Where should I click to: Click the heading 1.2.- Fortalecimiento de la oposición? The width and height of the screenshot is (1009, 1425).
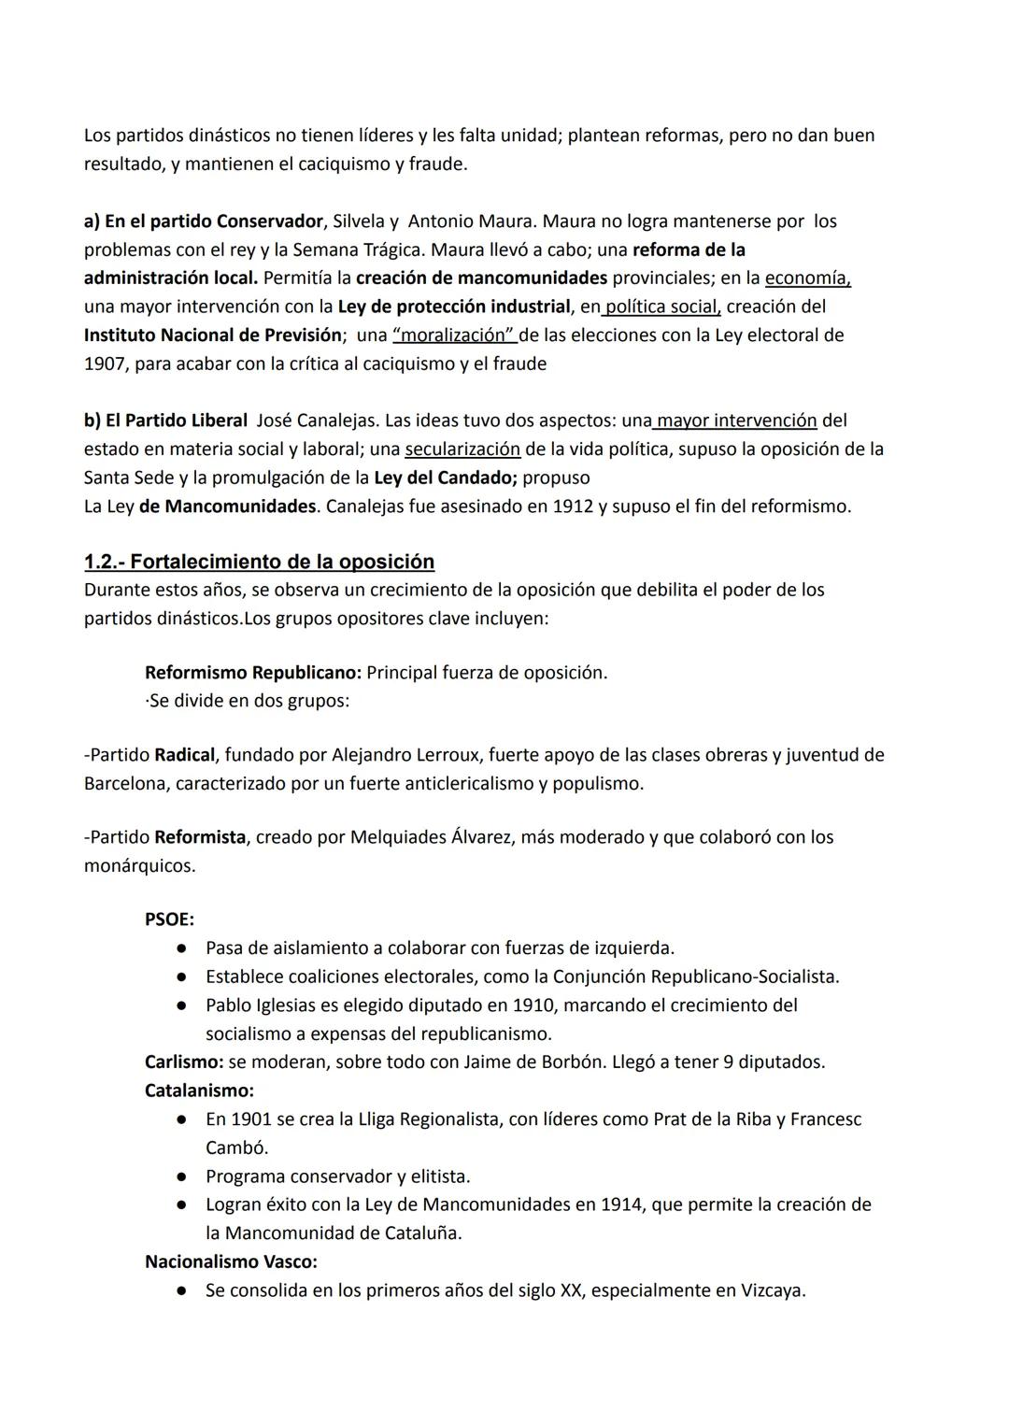click(x=259, y=562)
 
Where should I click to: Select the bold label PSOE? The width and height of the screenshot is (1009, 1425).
click(x=169, y=919)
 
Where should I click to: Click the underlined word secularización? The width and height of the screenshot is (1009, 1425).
click(x=462, y=449)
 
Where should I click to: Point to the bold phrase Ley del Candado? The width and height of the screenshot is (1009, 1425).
click(x=445, y=478)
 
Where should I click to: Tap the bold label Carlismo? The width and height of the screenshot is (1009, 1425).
click(x=184, y=1062)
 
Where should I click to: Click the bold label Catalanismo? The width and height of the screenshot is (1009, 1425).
click(x=199, y=1090)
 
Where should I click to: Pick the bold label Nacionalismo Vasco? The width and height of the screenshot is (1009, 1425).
click(x=231, y=1262)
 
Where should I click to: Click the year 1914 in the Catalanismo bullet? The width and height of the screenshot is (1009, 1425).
click(x=621, y=1204)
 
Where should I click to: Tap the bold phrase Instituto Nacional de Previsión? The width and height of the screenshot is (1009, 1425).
click(x=212, y=335)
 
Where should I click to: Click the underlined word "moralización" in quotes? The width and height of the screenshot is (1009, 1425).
click(x=455, y=335)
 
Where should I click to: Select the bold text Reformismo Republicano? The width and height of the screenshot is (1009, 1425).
click(x=253, y=673)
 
